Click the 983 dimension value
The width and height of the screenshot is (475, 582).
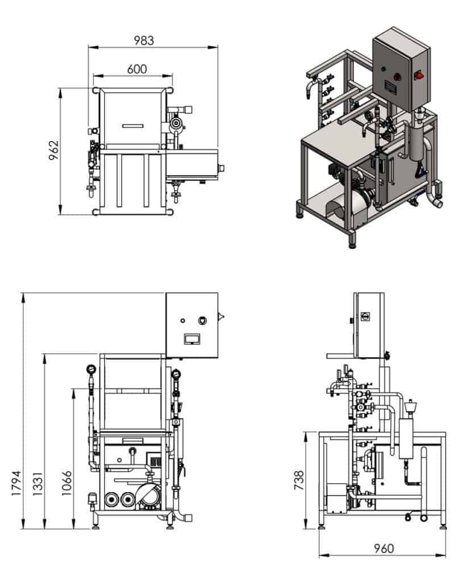tap(144, 40)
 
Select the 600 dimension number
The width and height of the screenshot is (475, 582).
tap(136, 69)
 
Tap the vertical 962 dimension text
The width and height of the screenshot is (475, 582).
tap(54, 151)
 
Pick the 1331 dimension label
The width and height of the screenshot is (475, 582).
tap(37, 483)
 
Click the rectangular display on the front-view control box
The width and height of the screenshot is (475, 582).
tap(191, 338)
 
